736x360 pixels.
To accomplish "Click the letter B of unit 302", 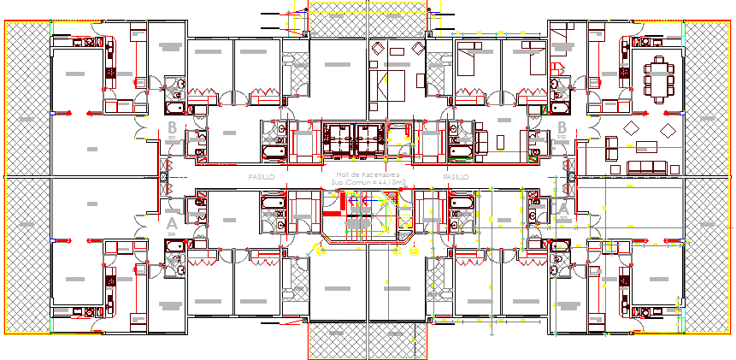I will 562,129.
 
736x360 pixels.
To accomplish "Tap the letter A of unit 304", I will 170,226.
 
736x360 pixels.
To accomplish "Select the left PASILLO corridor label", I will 261,176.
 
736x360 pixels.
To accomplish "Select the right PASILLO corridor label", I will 456,176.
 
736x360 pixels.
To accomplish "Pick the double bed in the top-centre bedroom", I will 389,84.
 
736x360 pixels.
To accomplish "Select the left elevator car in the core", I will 339,138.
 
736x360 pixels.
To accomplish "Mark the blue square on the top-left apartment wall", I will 53,112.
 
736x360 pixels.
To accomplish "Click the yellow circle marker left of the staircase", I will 320,251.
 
